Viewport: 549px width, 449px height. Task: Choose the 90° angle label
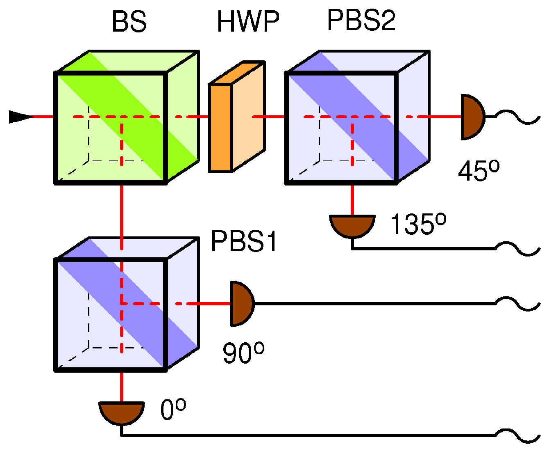(x=243, y=353)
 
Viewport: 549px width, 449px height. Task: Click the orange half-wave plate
(x=236, y=119)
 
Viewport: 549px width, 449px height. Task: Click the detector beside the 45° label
(x=472, y=117)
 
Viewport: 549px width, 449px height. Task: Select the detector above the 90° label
(x=241, y=304)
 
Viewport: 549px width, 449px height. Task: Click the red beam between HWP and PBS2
(x=268, y=117)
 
